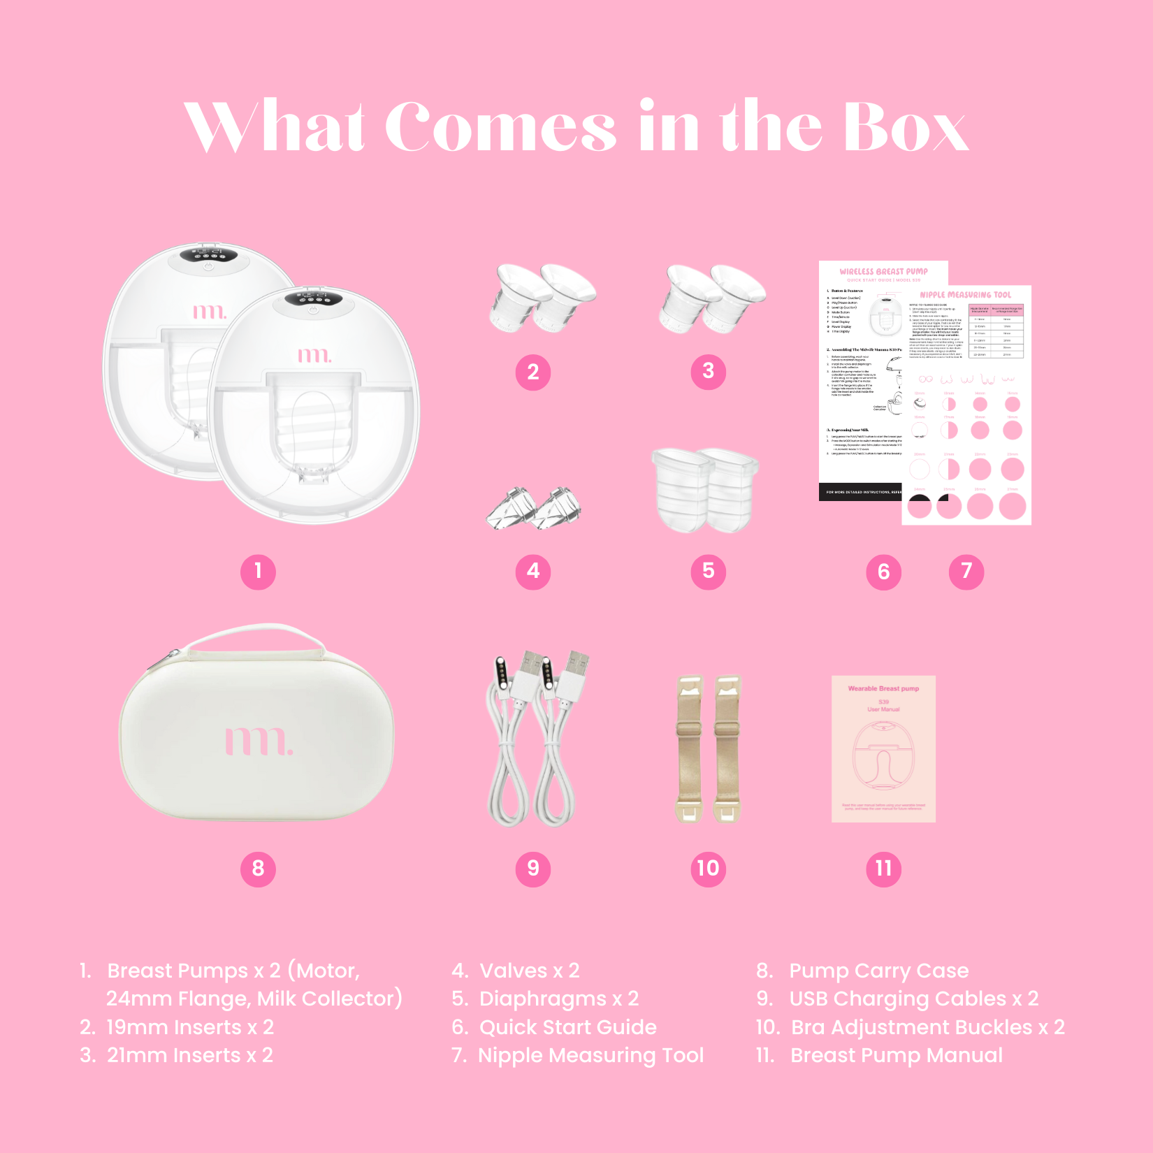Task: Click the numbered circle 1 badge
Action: click(x=258, y=572)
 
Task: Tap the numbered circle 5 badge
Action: click(x=709, y=572)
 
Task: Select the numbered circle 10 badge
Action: click(x=708, y=869)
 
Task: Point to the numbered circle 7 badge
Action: click(x=966, y=572)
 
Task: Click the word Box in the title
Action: click(x=906, y=127)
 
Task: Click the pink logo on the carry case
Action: click(x=259, y=741)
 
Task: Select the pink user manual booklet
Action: click(x=883, y=748)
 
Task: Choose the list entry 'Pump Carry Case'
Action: click(x=878, y=971)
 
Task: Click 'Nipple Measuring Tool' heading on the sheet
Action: click(x=965, y=295)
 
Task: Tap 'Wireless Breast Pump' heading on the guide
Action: click(x=883, y=271)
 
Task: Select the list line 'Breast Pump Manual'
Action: click(x=896, y=1055)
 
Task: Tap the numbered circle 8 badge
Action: click(x=258, y=869)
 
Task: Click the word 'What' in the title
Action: click(x=275, y=127)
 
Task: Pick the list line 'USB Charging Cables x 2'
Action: click(x=913, y=999)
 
